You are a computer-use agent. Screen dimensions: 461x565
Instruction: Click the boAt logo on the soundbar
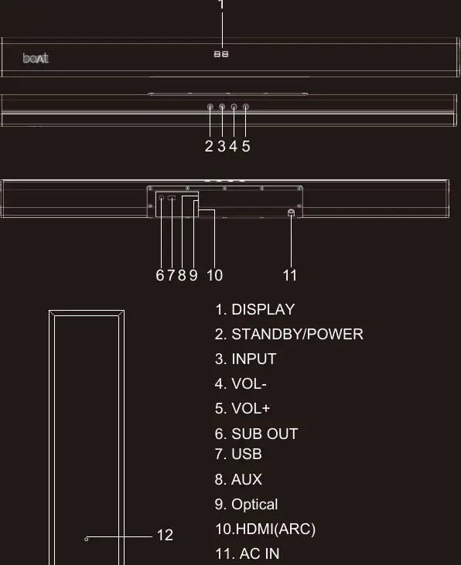pyautogui.click(x=36, y=58)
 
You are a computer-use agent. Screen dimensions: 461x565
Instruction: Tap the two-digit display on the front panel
pyautogui.click(x=221, y=54)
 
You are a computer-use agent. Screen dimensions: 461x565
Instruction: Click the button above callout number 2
pyautogui.click(x=210, y=107)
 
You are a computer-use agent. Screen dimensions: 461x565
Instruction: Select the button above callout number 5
pyautogui.click(x=246, y=107)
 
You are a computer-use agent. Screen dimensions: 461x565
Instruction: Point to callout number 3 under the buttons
pyautogui.click(x=221, y=146)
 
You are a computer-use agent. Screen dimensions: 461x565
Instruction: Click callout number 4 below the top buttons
pyautogui.click(x=234, y=146)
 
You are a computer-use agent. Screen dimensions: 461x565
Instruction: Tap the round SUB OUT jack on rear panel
pyautogui.click(x=161, y=198)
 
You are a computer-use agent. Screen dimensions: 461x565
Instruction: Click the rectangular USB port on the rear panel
pyautogui.click(x=172, y=198)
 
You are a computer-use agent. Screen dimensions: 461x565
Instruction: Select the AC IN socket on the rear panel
pyautogui.click(x=291, y=213)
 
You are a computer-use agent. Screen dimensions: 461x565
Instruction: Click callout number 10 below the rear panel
pyautogui.click(x=214, y=275)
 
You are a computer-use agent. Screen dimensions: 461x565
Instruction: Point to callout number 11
pyautogui.click(x=289, y=275)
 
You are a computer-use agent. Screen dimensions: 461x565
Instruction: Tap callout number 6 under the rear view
pyautogui.click(x=160, y=275)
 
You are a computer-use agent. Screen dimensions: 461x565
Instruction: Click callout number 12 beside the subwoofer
pyautogui.click(x=165, y=535)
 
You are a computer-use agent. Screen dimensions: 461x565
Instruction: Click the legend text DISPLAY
pyautogui.click(x=263, y=309)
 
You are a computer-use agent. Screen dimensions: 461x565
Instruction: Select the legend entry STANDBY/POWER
pyautogui.click(x=289, y=334)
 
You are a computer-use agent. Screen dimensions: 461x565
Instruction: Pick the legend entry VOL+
pyautogui.click(x=242, y=409)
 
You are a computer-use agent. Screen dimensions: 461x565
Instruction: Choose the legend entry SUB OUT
pyautogui.click(x=257, y=434)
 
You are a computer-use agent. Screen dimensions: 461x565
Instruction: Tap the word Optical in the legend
pyautogui.click(x=254, y=505)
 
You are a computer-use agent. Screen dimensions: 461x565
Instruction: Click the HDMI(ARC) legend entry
pyautogui.click(x=265, y=529)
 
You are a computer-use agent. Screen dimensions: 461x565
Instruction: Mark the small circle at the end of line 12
pyautogui.click(x=86, y=539)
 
